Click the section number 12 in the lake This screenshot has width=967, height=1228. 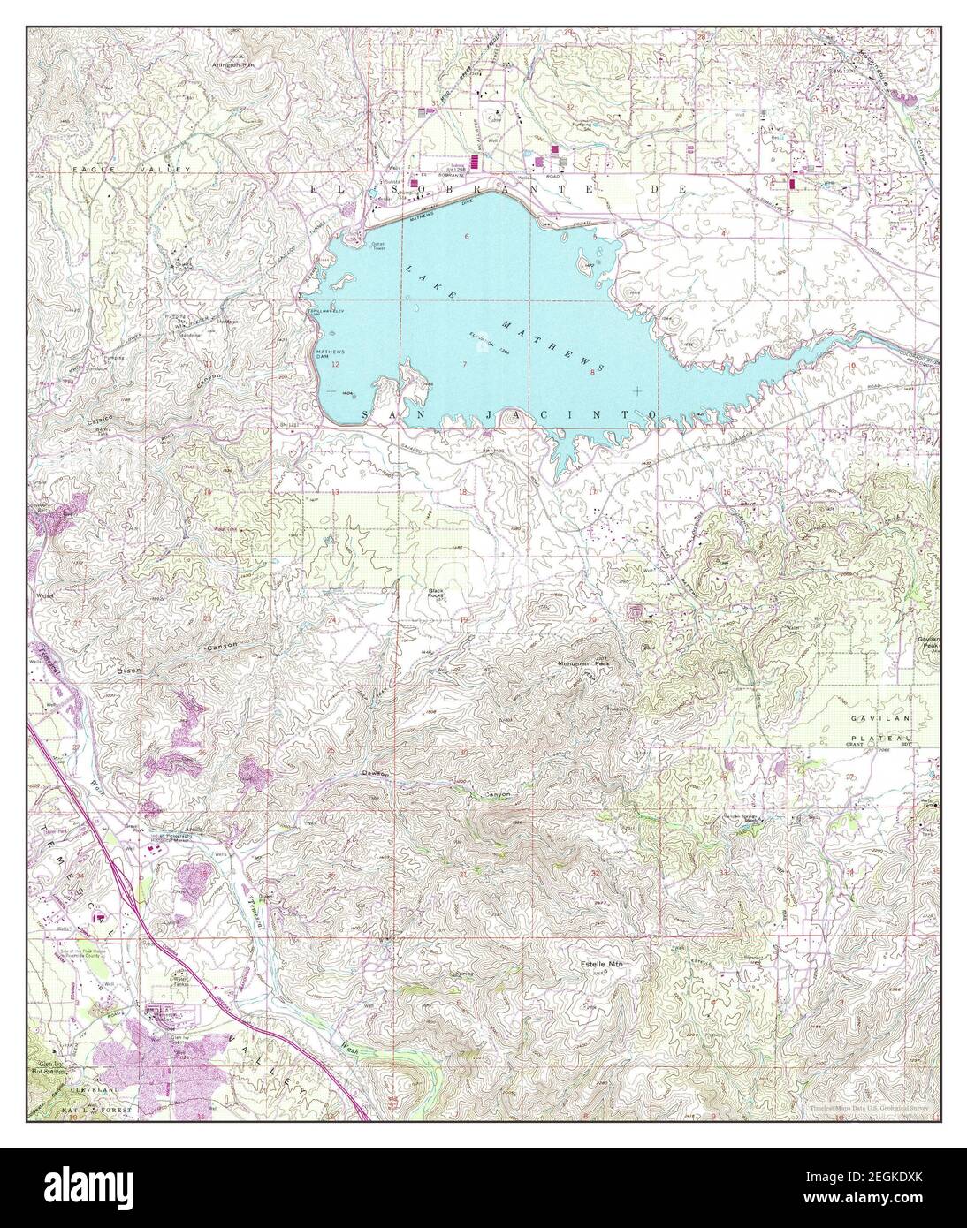[x=335, y=364]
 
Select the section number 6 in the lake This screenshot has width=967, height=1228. [x=466, y=236]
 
